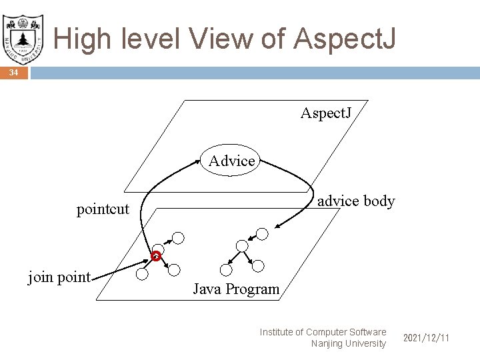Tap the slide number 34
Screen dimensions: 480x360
point(13,73)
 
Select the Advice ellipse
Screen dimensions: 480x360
point(231,161)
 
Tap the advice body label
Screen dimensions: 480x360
point(356,201)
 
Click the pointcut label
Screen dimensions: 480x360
point(103,209)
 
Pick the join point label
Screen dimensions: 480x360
point(59,277)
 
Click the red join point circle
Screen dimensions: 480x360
point(155,256)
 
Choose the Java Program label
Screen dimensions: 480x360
point(236,289)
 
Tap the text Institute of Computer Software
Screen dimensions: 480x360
point(323,331)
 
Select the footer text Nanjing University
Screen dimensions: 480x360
point(348,343)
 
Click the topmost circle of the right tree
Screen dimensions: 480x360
point(262,233)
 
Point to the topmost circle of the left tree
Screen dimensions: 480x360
point(178,237)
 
